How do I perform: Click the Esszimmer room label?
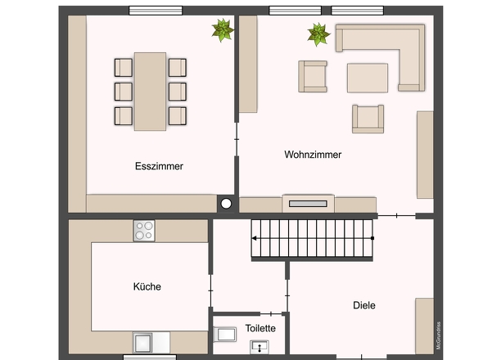pyautogui.click(x=159, y=166)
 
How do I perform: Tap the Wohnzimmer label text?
pyautogui.click(x=313, y=155)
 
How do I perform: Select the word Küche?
pyautogui.click(x=147, y=286)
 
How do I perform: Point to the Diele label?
pyautogui.click(x=364, y=305)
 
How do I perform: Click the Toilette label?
pyautogui.click(x=260, y=328)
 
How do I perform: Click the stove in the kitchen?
pyautogui.click(x=144, y=231)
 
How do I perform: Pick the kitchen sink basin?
pyautogui.click(x=142, y=343)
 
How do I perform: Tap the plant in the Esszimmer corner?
pyautogui.click(x=223, y=30)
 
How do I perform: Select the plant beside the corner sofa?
pyautogui.click(x=318, y=34)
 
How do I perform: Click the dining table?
pyautogui.click(x=150, y=92)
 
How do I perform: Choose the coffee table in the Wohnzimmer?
pyautogui.click(x=368, y=78)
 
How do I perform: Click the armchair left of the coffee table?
pyautogui.click(x=313, y=77)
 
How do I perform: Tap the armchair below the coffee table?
pyautogui.click(x=368, y=119)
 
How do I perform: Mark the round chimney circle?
pyautogui.click(x=226, y=204)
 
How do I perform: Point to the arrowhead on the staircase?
pyautogui.click(x=254, y=238)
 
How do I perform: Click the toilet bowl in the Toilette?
pyautogui.click(x=225, y=334)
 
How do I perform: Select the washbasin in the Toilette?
pyautogui.click(x=260, y=347)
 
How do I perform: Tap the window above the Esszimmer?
pyautogui.click(x=156, y=11)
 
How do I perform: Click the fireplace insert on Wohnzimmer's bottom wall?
pyautogui.click(x=308, y=204)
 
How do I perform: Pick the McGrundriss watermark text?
pyautogui.click(x=438, y=335)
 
